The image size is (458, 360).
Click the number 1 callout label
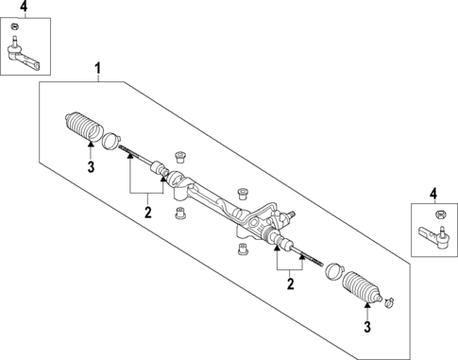point(97,67)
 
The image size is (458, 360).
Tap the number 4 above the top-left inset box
point(25,9)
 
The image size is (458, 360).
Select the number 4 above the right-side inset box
point(434,194)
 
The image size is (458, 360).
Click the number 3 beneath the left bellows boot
point(90,167)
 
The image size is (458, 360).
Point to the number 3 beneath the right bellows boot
point(365,327)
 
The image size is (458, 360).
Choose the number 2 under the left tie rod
point(147,212)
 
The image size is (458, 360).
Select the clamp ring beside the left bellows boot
point(110,141)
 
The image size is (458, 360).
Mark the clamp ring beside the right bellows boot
point(333,273)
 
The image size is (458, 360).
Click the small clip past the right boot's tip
point(391,302)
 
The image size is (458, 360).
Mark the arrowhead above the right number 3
point(365,307)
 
